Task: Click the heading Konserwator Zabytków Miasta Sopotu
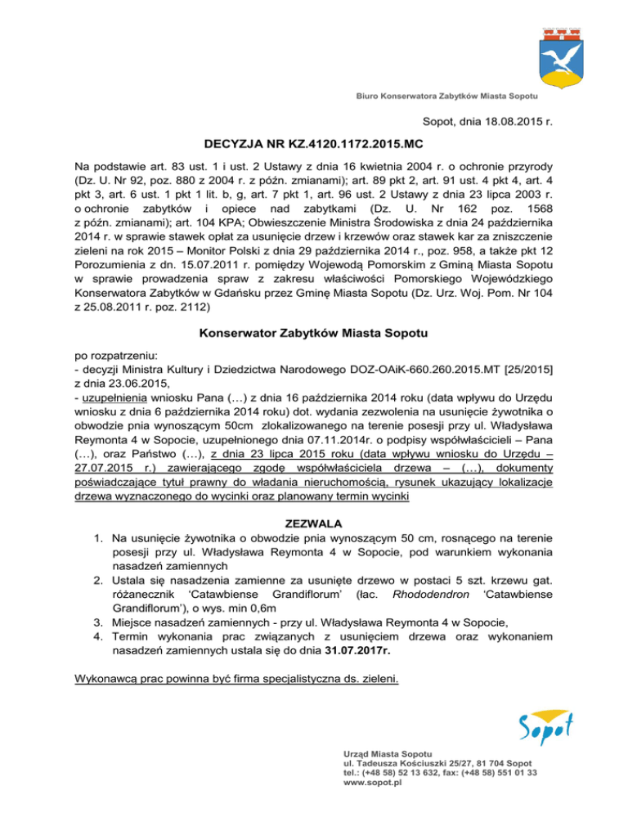pyautogui.click(x=313, y=310)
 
